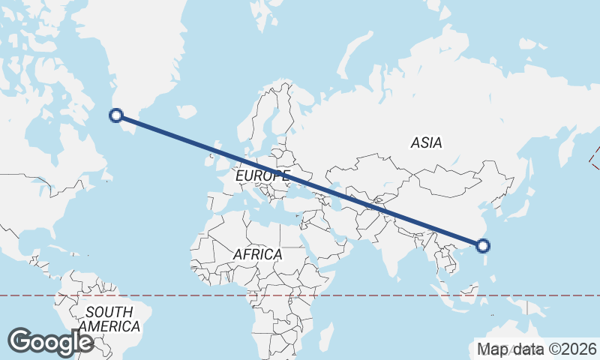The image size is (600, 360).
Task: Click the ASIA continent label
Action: click(x=426, y=142)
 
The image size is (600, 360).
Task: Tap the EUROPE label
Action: click(x=262, y=175)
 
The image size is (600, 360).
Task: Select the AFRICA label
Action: click(x=257, y=254)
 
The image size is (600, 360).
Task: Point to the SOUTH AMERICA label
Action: click(x=109, y=319)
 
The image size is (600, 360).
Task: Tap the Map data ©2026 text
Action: click(x=537, y=349)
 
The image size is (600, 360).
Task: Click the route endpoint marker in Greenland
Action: click(x=116, y=115)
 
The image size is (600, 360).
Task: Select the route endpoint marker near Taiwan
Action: click(x=483, y=245)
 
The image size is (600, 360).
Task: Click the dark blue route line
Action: click(x=300, y=180)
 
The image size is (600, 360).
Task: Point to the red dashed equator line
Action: click(x=187, y=295)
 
